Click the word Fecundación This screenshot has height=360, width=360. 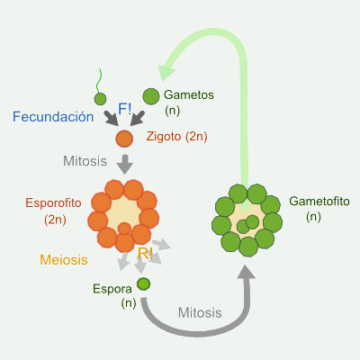pos(54,116)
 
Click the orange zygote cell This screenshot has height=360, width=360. pos(125,138)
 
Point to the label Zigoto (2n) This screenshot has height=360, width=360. pos(176,137)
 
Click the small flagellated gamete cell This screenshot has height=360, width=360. pos(100,99)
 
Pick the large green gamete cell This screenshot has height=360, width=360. pos(151,95)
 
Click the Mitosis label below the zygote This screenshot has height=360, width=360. pos(86,162)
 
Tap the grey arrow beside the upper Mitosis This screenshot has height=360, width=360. pos(125,163)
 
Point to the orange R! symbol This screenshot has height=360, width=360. pos(145,255)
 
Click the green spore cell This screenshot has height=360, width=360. pos(143,284)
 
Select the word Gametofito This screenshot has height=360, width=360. pos(319,201)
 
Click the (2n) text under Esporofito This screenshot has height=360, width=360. pos(56,219)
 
